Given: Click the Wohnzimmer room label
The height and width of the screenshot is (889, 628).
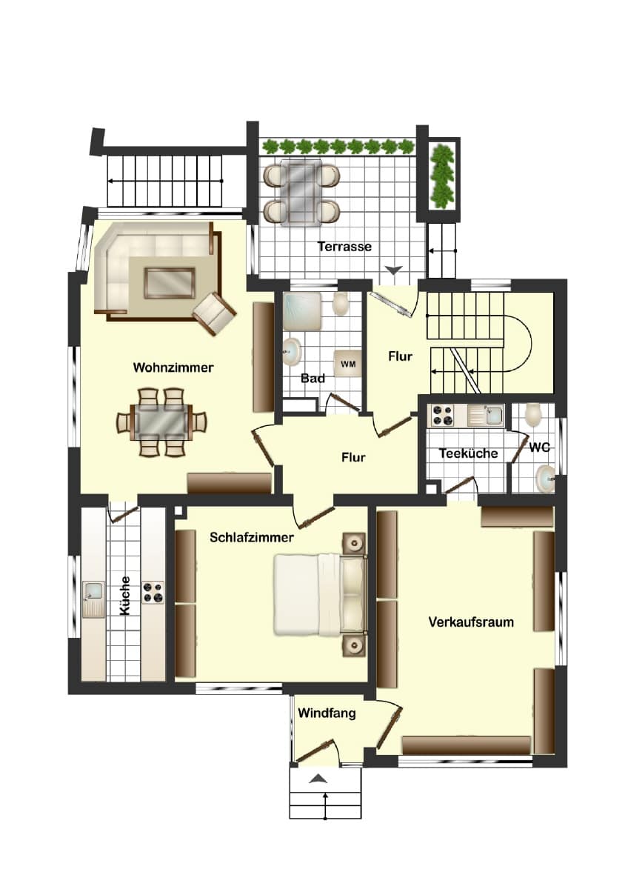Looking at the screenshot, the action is coord(173,367).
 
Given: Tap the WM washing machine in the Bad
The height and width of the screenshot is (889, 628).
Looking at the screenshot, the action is coord(347,363).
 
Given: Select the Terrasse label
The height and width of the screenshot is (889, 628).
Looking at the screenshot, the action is coord(344,247).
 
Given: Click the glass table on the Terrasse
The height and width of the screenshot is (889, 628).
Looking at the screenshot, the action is coord(301,193).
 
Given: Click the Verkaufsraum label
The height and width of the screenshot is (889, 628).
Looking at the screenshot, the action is coord(471,622).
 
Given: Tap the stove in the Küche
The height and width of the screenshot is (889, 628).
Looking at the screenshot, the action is coord(153,592).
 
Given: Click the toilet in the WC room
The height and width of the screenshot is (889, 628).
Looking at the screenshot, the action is coord(532,415).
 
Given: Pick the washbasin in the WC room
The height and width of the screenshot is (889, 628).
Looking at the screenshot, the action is coord(546,479).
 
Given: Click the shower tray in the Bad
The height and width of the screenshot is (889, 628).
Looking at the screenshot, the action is coord(302,311).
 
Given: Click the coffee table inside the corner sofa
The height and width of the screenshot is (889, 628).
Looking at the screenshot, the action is coord(170,282).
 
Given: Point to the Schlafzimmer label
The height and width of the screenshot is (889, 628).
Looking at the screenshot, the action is coord(252,537).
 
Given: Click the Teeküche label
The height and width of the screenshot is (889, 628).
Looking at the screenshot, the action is coord(468,453).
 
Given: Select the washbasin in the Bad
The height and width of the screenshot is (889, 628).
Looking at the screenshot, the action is coord(293,352).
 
